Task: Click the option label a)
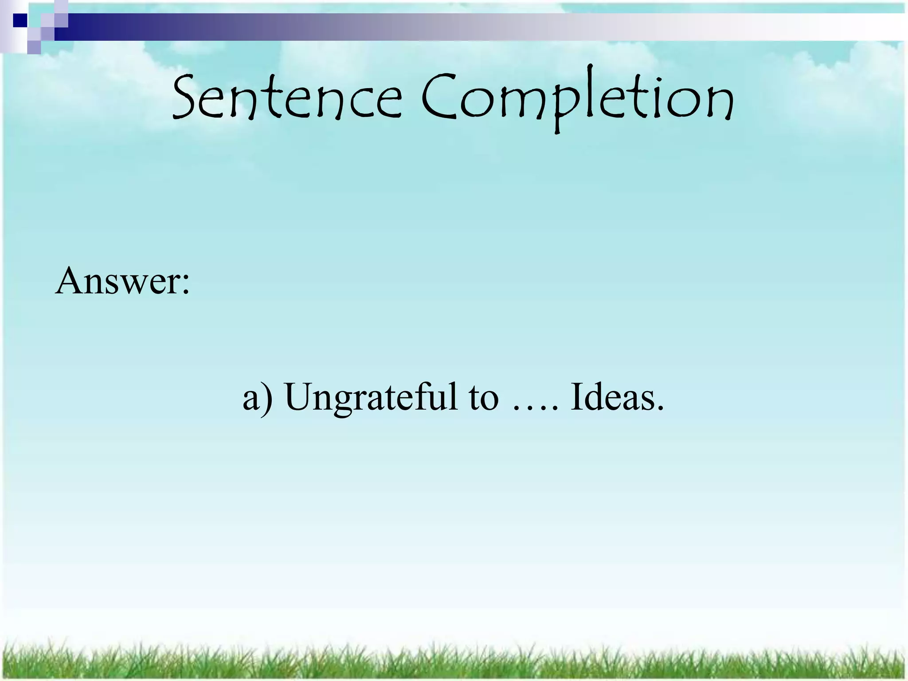point(257,397)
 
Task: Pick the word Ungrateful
point(371,397)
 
